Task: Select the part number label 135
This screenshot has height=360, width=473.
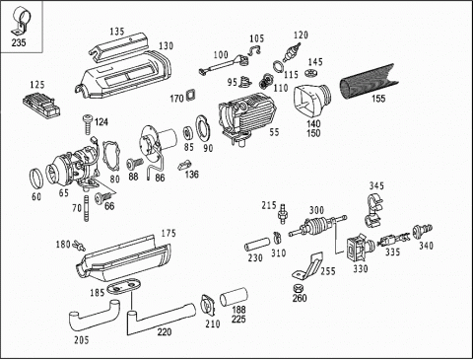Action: click(117, 32)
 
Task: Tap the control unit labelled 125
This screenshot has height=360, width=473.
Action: click(41, 105)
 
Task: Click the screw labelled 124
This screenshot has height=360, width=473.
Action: click(88, 124)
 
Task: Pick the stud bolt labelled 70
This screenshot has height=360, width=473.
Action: click(87, 208)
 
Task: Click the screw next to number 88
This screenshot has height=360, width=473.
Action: click(135, 163)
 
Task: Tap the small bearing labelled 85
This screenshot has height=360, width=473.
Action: click(188, 134)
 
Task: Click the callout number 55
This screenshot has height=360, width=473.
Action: click(274, 132)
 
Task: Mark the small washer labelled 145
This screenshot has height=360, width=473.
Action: click(310, 73)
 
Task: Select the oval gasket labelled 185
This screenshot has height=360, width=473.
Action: click(124, 287)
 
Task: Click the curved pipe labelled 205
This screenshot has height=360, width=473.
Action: click(94, 318)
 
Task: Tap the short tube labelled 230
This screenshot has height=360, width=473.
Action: click(257, 245)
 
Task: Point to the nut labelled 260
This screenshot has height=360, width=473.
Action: click(299, 288)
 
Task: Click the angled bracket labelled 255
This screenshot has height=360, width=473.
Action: click(310, 265)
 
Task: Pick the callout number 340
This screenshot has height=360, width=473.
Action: click(426, 246)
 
